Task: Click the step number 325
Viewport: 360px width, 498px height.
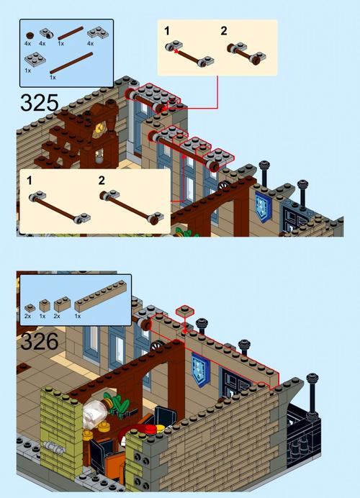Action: point(40,103)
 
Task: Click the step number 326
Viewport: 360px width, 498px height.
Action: point(40,341)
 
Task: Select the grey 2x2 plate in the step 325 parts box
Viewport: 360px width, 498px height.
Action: point(35,60)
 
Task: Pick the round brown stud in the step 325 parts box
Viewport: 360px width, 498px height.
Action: point(30,35)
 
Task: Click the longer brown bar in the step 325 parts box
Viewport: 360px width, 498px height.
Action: point(71,63)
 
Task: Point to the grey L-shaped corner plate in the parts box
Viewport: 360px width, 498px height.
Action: point(98,33)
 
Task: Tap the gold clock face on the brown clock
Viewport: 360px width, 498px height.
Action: point(99,127)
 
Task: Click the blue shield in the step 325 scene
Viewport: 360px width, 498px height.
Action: point(263,204)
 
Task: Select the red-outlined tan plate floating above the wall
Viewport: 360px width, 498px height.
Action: point(184,311)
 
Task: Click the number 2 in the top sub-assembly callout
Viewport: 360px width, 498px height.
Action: point(224,31)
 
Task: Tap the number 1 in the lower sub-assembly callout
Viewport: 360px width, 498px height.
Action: point(30,181)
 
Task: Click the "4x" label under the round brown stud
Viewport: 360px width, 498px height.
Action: point(27,43)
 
